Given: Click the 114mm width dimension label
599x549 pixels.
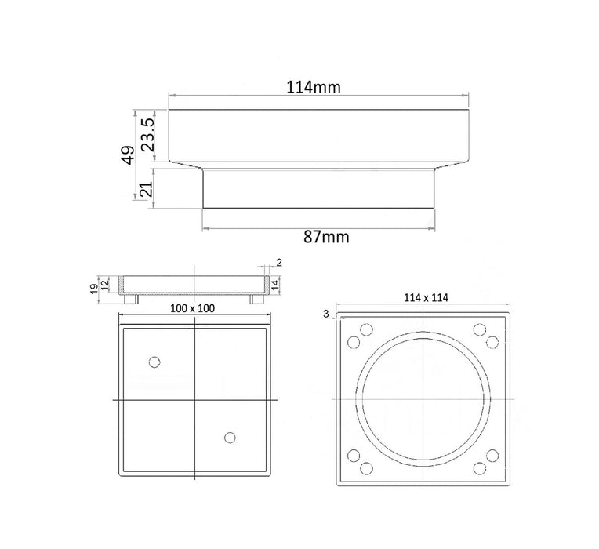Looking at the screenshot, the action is click(x=314, y=88).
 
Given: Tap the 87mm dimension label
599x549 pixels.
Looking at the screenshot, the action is click(x=326, y=237).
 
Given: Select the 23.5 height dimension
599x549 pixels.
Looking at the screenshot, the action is click(x=147, y=134).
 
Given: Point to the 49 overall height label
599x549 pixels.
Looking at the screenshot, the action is click(x=129, y=155).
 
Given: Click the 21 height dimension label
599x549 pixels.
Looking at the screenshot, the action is click(x=147, y=189).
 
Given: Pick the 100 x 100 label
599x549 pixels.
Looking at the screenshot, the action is click(x=192, y=308).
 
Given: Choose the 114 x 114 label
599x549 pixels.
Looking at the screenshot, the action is click(x=426, y=297).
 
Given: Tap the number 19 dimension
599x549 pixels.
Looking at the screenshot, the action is click(x=94, y=289).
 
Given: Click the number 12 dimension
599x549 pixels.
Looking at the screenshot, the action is click(x=105, y=284).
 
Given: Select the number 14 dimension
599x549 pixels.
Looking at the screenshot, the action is click(x=276, y=284).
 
